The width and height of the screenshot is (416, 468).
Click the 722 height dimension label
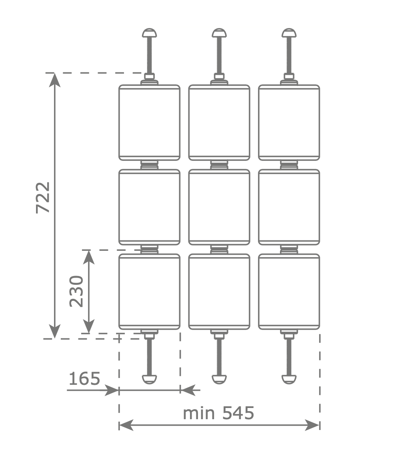43,198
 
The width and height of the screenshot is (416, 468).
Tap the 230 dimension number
76,291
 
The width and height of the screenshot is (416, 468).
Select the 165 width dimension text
84,379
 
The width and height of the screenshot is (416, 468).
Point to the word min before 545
199,413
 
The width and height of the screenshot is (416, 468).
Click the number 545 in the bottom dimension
238,413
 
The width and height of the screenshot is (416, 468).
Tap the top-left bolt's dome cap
149,32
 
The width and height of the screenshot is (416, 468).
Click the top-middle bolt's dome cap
219,32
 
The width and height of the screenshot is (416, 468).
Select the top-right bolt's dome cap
289,32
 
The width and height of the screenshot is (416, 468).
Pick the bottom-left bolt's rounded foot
149,379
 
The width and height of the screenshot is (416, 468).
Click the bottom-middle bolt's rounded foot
219,379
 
